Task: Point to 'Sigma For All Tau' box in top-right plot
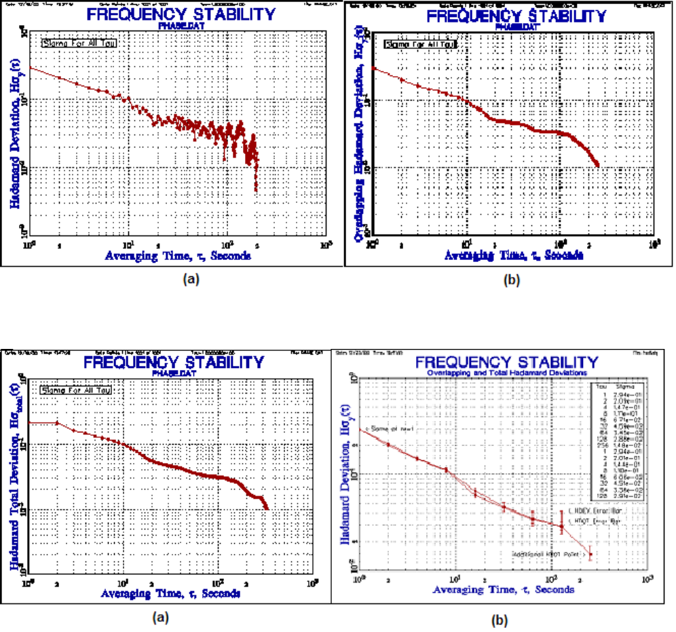coord(419,45)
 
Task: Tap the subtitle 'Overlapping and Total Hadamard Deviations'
coord(503,373)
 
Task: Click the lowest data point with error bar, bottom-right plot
coord(590,555)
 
